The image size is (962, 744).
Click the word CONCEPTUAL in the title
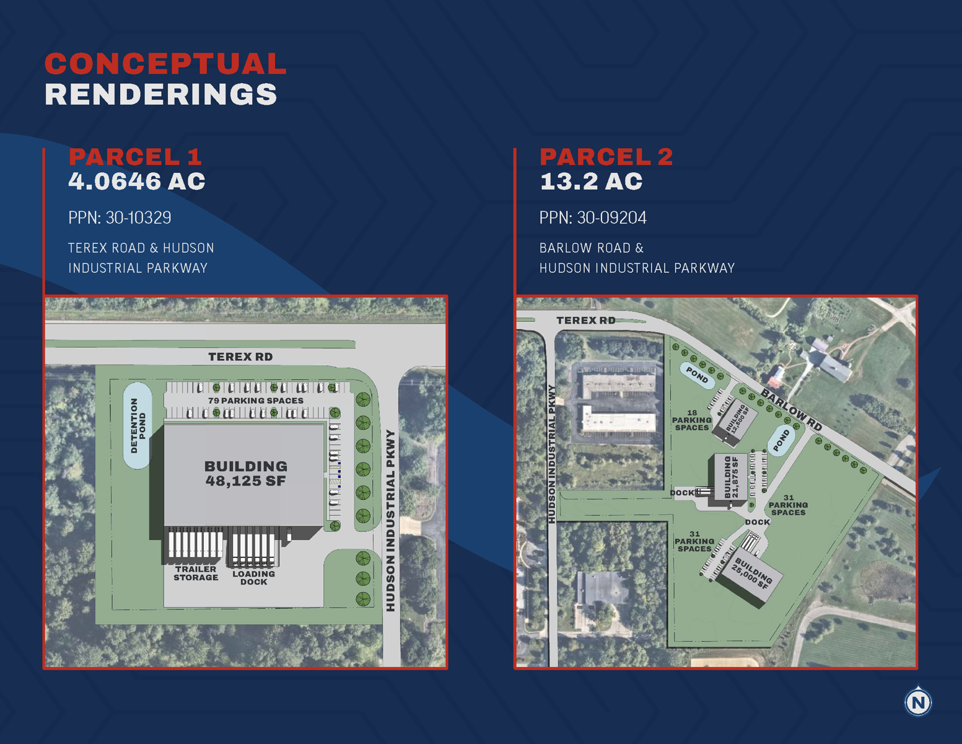point(165,64)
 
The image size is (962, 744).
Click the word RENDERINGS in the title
point(161,95)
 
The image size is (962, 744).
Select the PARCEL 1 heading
point(135,157)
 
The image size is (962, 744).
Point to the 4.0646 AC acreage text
point(137,182)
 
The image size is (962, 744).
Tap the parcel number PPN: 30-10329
point(120,218)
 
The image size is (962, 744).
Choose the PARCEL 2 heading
point(606,157)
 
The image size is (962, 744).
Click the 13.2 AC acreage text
point(591,182)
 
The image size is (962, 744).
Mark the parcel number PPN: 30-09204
point(593,218)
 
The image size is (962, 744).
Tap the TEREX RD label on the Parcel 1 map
point(240,357)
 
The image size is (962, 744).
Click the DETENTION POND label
point(138,425)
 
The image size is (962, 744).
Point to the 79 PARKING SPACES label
point(256,401)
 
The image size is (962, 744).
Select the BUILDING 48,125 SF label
point(245,474)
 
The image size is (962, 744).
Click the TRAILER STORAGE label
point(196,573)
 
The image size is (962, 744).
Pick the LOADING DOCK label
point(253,578)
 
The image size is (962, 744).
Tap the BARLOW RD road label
point(791,410)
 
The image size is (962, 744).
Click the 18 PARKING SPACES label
point(692,420)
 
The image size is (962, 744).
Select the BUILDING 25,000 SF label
point(752,573)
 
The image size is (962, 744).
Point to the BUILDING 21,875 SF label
point(731,477)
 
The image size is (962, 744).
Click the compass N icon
point(917,702)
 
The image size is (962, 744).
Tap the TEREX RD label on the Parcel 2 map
point(585,321)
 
